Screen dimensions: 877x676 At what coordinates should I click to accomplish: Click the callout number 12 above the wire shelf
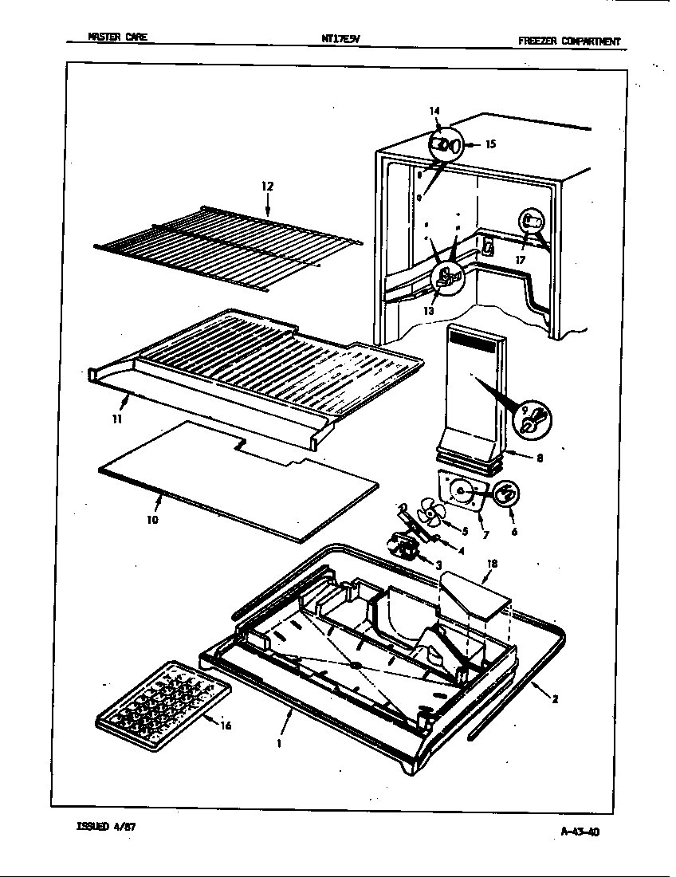[x=267, y=186]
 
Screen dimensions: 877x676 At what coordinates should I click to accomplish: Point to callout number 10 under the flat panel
[x=152, y=519]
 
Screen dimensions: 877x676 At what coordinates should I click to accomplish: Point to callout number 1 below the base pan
[x=280, y=743]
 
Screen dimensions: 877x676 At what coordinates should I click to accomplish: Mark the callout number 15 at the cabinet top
[x=490, y=144]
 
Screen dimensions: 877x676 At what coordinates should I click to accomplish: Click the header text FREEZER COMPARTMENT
[x=568, y=42]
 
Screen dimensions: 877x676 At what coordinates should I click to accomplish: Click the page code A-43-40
[x=575, y=832]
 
